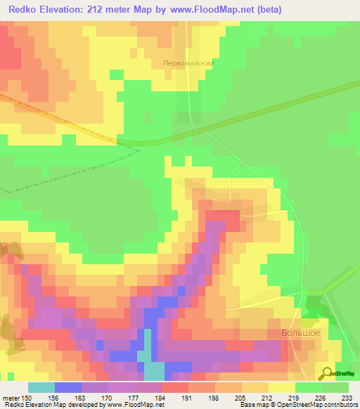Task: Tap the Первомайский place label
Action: pyautogui.click(x=188, y=63)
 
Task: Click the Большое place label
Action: pyautogui.click(x=300, y=332)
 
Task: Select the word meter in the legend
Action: pyautogui.click(x=11, y=397)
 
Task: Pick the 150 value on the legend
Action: pyautogui.click(x=27, y=397)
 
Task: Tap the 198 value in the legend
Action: pyautogui.click(x=214, y=397)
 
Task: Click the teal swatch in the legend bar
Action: pyautogui.click(x=41, y=387)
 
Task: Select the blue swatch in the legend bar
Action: pyautogui.click(x=67, y=387)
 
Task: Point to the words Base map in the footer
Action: pyautogui.click(x=250, y=405)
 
